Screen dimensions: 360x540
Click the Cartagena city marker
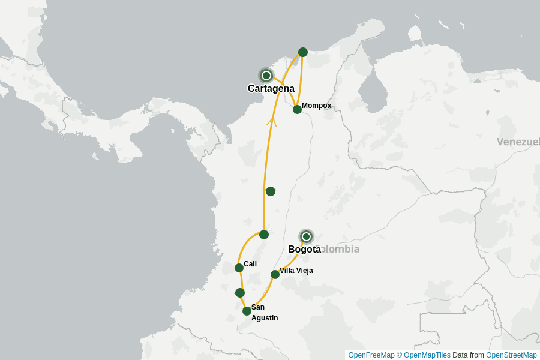tap(266, 76)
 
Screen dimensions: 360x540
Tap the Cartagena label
tap(271, 89)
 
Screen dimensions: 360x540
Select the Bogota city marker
tap(307, 236)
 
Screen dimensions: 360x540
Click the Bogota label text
tap(304, 250)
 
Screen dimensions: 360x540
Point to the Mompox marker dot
tap(297, 109)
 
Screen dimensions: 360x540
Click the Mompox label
tap(316, 106)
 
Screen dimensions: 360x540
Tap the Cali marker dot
tap(239, 268)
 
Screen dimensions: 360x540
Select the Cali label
tap(250, 264)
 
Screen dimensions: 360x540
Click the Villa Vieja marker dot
tap(275, 274)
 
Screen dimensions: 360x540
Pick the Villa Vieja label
tap(296, 271)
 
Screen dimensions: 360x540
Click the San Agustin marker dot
tap(247, 311)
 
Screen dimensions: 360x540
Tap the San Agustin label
tap(264, 313)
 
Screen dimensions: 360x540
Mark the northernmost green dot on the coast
tap(303, 52)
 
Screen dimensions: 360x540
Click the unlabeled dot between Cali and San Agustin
tap(240, 293)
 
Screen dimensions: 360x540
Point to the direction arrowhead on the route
tap(271, 121)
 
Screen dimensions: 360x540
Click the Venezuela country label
tap(518, 142)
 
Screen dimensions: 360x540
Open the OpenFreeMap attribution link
tap(371, 355)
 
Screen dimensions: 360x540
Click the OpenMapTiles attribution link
tap(427, 355)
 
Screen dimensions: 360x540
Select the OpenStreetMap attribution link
tap(511, 355)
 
